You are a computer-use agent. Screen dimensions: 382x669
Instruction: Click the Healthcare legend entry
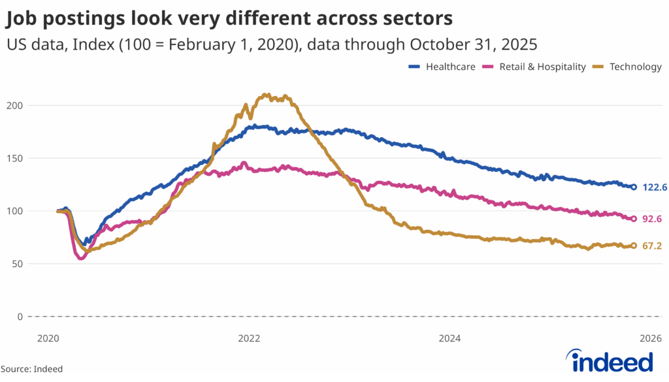pos(442,67)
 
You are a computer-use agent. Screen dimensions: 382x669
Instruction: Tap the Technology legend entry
pos(627,67)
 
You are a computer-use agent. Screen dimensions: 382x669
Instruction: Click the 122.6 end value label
pos(655,187)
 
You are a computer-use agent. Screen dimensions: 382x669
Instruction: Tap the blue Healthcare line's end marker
pos(633,187)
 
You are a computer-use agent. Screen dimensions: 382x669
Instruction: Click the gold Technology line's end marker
pos(633,246)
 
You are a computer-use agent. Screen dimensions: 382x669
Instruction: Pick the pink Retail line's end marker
pos(633,219)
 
